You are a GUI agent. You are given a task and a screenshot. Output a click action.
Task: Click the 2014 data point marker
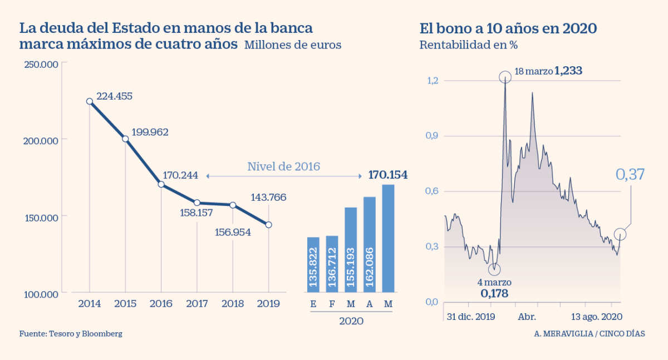pyautogui.click(x=90, y=101)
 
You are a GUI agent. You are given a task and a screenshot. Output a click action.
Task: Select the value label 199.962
pyautogui.click(x=150, y=132)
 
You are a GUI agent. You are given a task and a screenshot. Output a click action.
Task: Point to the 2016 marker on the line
pyautogui.click(x=161, y=184)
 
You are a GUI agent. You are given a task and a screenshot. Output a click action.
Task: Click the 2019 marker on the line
pyautogui.click(x=269, y=225)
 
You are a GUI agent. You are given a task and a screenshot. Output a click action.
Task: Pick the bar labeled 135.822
pyautogui.click(x=313, y=264)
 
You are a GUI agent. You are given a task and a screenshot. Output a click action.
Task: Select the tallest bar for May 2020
pyautogui.click(x=388, y=238)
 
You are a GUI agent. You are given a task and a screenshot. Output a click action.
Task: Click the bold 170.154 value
pyautogui.click(x=388, y=175)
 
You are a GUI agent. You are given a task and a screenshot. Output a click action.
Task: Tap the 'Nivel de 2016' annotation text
pyautogui.click(x=283, y=166)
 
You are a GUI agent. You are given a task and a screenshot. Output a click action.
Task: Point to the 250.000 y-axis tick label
pyautogui.click(x=42, y=65)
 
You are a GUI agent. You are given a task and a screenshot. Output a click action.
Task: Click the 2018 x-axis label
pyautogui.click(x=233, y=303)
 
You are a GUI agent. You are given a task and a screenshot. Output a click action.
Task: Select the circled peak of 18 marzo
pyautogui.click(x=505, y=77)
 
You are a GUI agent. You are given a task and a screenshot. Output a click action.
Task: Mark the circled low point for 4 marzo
pyautogui.click(x=494, y=269)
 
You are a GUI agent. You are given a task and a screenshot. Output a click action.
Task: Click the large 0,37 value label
pyautogui.click(x=630, y=174)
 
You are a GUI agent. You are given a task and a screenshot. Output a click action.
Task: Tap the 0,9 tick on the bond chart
pyautogui.click(x=432, y=136)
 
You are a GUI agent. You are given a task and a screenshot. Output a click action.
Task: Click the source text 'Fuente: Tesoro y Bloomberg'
pyautogui.click(x=71, y=334)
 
